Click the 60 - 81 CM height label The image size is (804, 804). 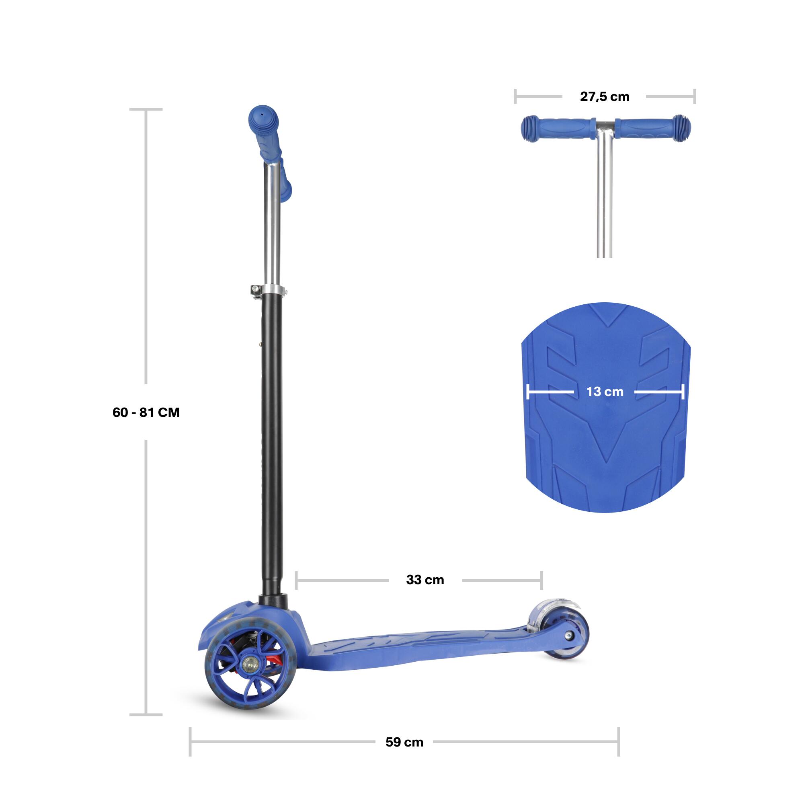pyautogui.click(x=146, y=412)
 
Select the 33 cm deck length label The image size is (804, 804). pyautogui.click(x=425, y=580)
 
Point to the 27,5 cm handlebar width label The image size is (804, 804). pyautogui.click(x=604, y=96)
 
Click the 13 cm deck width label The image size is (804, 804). pyautogui.click(x=605, y=392)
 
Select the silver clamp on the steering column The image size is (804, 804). pyautogui.click(x=269, y=290)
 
